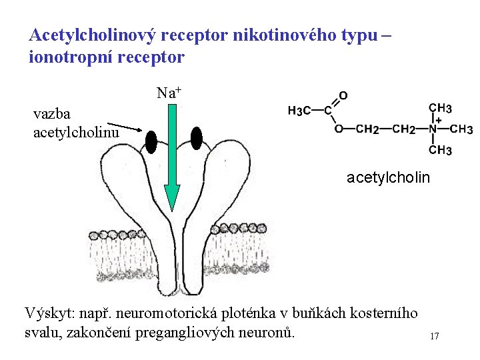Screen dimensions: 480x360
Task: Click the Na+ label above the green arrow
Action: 168,93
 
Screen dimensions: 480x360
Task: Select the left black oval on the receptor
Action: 151,142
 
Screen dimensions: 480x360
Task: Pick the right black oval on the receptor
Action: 196,138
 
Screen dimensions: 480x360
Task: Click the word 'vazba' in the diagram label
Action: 51,114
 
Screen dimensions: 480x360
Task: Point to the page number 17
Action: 434,337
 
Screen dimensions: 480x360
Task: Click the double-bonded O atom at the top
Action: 343,95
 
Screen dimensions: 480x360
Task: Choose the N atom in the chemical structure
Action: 433,129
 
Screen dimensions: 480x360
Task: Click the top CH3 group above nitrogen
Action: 440,107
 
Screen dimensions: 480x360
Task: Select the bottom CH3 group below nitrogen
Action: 440,150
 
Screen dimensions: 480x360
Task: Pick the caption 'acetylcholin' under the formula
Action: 388,178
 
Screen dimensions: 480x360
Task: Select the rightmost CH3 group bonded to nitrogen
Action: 461,129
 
